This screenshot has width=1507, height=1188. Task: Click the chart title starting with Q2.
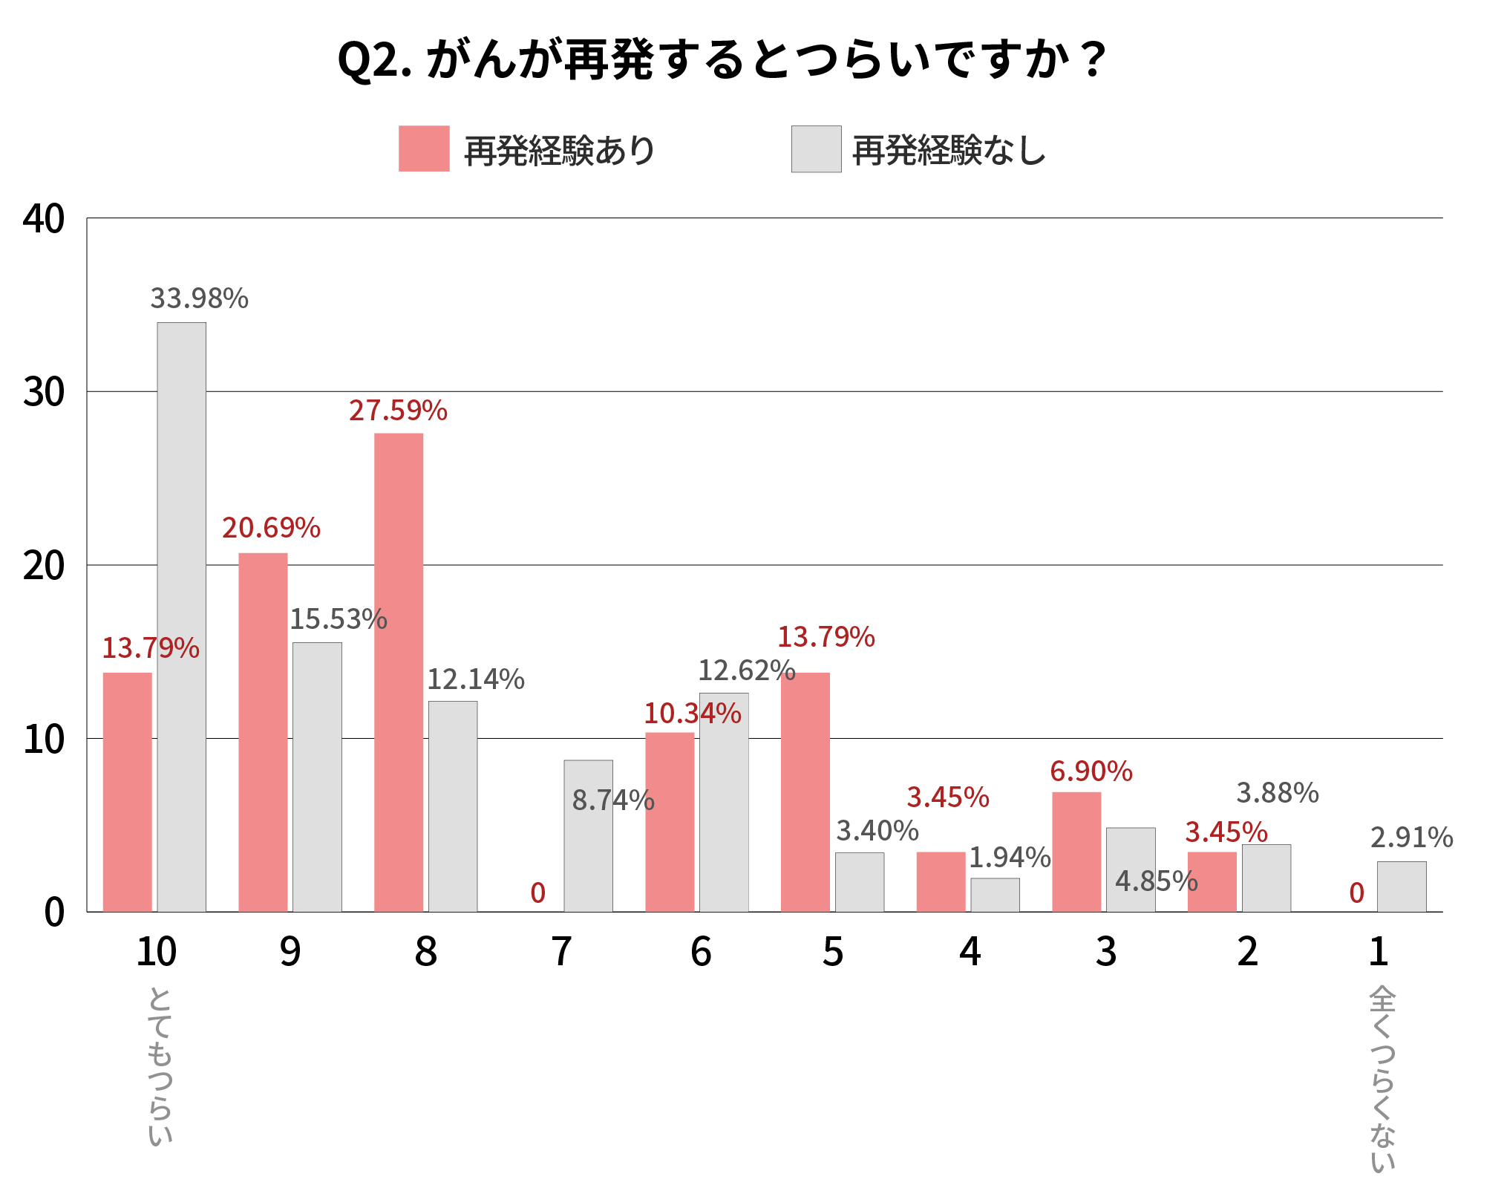[x=722, y=59]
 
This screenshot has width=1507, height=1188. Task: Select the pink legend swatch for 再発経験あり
[x=424, y=148]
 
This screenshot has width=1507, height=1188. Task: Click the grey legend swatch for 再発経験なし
[x=816, y=149]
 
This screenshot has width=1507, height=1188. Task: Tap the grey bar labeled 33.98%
[x=181, y=616]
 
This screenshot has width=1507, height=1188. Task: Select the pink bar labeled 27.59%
[x=399, y=672]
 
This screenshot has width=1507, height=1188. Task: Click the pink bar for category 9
[x=263, y=731]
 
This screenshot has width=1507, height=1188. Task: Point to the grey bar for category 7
[x=588, y=835]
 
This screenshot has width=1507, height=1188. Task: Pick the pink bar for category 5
[x=805, y=792]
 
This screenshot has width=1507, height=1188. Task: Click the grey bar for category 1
[x=1401, y=886]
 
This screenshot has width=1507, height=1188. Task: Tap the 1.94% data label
[x=1010, y=858]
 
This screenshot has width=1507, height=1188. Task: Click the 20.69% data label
[x=271, y=528]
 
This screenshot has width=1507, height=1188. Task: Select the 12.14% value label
[x=475, y=679]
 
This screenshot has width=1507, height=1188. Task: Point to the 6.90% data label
[x=1091, y=771]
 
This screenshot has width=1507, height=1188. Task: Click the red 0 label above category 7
[x=537, y=892]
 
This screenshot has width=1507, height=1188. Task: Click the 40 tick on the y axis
[x=44, y=219]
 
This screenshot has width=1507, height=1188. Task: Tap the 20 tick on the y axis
[x=44, y=567]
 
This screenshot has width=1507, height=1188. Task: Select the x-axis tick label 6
[x=701, y=951]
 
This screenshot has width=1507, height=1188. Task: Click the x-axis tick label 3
[x=1105, y=951]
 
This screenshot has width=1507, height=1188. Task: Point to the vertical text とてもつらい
[x=160, y=1065]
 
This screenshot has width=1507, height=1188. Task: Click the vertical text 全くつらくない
[x=1382, y=1078]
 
